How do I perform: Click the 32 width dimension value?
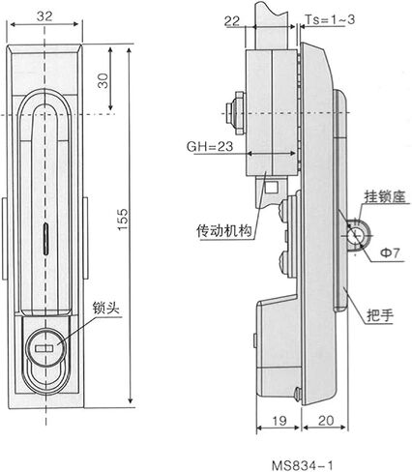44,15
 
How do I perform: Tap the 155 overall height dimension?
123,220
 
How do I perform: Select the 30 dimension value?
103,80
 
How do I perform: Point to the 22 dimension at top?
232,21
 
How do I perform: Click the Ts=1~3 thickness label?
330,19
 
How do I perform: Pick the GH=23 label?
210,146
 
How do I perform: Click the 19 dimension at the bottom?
280,421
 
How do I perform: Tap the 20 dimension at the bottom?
326,421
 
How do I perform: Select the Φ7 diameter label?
390,252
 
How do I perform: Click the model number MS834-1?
302,465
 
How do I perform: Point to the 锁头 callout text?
106,309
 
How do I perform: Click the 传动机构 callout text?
224,231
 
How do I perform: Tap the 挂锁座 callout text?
385,196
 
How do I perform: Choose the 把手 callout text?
380,316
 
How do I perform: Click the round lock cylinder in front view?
47,348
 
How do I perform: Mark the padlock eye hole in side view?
355,235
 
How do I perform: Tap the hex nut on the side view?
240,113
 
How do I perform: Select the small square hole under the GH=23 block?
272,186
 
